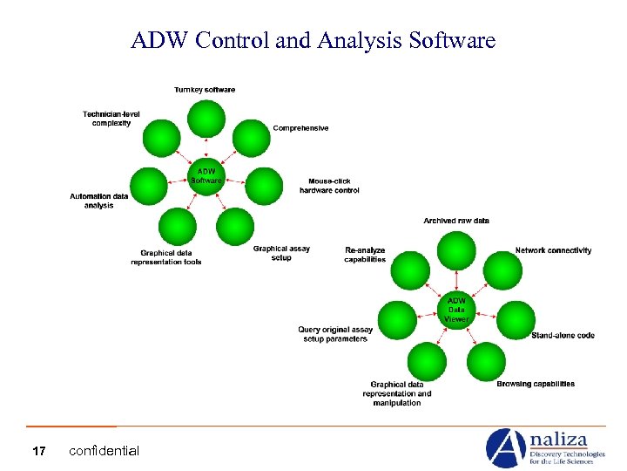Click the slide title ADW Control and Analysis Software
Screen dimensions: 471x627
[x=313, y=40]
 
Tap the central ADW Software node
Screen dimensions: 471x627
[x=206, y=175]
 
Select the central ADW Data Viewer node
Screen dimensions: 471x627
[x=457, y=309]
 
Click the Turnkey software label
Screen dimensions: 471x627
[x=205, y=90]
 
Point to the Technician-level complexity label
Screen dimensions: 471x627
[x=107, y=119]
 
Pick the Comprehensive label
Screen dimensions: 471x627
[x=300, y=128]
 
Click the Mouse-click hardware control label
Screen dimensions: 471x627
[x=329, y=186]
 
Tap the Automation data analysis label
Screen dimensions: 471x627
[x=99, y=201]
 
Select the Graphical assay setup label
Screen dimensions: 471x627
[x=281, y=253]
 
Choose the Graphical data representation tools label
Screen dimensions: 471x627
[x=166, y=257]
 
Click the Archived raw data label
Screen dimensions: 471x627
[x=456, y=221]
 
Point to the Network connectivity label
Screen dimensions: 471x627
[x=553, y=250]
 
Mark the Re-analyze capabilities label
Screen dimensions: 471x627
[x=365, y=254]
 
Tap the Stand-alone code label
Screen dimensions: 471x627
[x=563, y=336]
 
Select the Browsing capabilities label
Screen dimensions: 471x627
[x=536, y=384]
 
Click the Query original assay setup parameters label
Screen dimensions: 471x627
[x=335, y=334]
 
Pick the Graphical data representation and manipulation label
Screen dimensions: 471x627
[x=397, y=393]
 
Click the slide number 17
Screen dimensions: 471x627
[x=38, y=451]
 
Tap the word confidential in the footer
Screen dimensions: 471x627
[x=104, y=451]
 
